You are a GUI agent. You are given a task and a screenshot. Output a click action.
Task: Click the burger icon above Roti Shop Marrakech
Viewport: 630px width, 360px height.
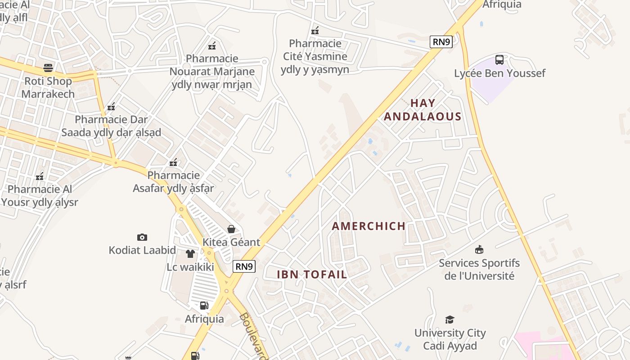[x=48, y=68]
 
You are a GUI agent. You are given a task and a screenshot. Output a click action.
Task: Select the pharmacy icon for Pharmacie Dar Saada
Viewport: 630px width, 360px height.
[x=111, y=107]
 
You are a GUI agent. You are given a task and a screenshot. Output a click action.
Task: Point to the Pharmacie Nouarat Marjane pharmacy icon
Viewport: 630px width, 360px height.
[x=212, y=45]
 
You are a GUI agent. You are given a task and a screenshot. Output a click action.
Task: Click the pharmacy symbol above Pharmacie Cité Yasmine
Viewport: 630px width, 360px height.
[x=315, y=31]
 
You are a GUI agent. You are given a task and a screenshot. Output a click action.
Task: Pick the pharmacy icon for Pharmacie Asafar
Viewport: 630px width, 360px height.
[x=173, y=162]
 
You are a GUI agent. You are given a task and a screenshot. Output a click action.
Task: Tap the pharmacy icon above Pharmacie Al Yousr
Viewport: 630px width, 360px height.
[x=40, y=176]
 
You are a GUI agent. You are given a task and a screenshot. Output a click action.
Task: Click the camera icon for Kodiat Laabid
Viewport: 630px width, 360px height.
[x=142, y=237]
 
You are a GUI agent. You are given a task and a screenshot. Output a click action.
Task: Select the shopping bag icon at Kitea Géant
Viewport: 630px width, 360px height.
[x=231, y=229]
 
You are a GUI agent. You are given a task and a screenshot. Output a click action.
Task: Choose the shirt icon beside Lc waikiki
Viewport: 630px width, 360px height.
[x=190, y=254]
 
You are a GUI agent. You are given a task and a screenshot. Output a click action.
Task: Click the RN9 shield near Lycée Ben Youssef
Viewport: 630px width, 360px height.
[x=441, y=42]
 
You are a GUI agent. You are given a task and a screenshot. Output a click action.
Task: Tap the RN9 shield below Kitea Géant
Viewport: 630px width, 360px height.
[x=244, y=266]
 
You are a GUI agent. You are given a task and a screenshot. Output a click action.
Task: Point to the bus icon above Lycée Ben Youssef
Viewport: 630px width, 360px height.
[x=499, y=60]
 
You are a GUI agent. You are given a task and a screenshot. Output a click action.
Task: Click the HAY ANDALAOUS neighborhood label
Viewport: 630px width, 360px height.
[x=423, y=110]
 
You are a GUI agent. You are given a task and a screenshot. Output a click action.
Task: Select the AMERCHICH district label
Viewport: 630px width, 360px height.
[x=369, y=226]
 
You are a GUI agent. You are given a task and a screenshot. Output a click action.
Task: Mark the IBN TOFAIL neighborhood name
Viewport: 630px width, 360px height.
[x=312, y=274]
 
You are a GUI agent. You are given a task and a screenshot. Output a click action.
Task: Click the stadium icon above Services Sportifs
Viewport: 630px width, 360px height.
[x=479, y=249]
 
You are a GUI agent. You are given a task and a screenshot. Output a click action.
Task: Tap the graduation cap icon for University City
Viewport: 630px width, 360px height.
[x=450, y=320]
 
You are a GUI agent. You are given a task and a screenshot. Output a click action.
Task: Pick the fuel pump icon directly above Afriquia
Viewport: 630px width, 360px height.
[x=204, y=306]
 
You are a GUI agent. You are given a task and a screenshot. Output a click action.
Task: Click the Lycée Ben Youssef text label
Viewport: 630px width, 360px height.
[x=499, y=73]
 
